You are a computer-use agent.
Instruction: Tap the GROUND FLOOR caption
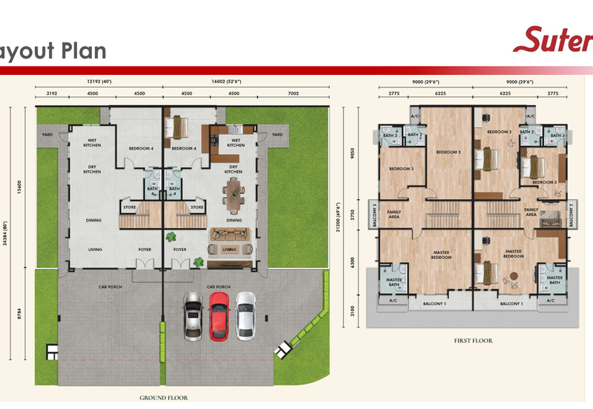[164, 398]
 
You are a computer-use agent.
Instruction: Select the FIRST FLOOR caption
[474, 341]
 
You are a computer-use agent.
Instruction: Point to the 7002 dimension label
[292, 94]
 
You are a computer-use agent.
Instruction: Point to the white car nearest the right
[245, 313]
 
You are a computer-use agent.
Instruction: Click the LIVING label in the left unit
[96, 250]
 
